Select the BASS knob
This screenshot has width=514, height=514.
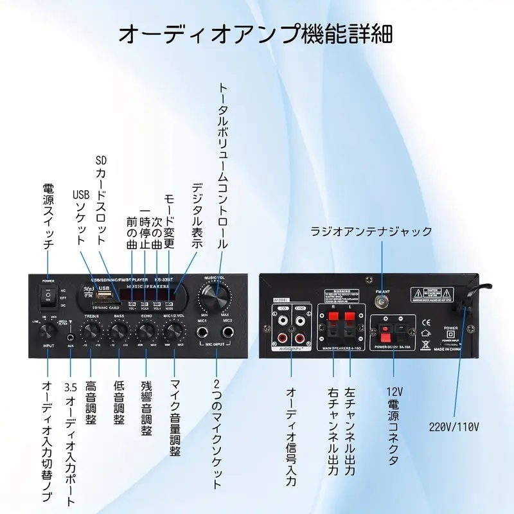[119, 331]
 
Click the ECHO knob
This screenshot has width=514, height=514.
[146, 331]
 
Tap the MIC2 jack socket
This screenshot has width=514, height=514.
[228, 332]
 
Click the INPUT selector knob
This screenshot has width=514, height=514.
[49, 331]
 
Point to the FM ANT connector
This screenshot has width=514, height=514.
[381, 299]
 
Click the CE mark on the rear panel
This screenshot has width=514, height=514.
[425, 322]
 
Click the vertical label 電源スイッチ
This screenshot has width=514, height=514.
[49, 218]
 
